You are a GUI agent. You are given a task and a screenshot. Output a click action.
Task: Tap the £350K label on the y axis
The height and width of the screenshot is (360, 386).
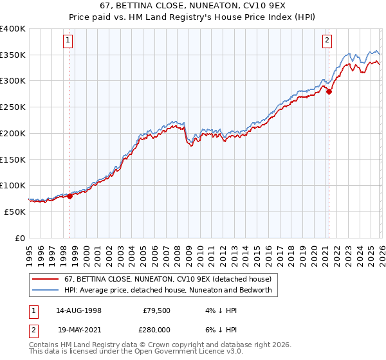click(x=13, y=55)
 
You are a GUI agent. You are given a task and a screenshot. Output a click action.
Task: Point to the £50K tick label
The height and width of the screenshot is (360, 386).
click(x=15, y=212)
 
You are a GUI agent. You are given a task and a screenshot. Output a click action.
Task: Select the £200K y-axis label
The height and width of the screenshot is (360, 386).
click(x=13, y=133)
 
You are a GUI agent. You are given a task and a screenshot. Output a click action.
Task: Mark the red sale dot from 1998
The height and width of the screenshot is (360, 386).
click(x=70, y=197)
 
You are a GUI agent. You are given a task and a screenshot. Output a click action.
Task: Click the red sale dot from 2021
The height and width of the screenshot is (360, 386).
click(x=329, y=92)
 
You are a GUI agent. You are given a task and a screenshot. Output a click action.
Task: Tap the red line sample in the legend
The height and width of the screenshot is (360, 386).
click(x=46, y=280)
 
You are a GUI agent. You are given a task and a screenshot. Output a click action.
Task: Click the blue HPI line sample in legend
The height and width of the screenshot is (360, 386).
click(x=46, y=291)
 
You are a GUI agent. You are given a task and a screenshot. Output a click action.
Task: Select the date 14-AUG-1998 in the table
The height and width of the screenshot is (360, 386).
click(x=78, y=310)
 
